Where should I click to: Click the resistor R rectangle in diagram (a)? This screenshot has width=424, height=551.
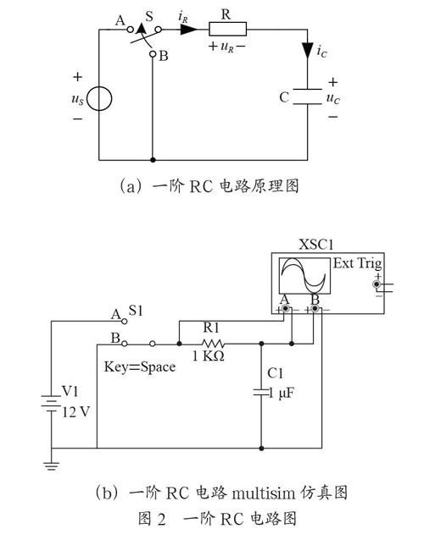pyautogui.click(x=227, y=29)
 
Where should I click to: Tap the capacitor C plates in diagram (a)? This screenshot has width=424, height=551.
pyautogui.click(x=308, y=96)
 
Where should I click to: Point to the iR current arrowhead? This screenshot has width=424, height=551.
pyautogui.click(x=188, y=29)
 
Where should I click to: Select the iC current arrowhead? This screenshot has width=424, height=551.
pyautogui.click(x=308, y=51)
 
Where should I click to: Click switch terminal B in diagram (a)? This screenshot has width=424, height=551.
pyautogui.click(x=153, y=54)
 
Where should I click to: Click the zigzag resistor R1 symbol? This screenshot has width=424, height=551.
pyautogui.click(x=213, y=344)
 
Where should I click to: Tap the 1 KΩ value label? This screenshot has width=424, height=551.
pyautogui.click(x=208, y=356)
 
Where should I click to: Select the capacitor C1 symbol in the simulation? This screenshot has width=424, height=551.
pyautogui.click(x=261, y=393)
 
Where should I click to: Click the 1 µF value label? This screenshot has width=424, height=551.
pyautogui.click(x=282, y=393)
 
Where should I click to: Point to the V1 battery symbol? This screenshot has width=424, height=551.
pyautogui.click(x=51, y=403)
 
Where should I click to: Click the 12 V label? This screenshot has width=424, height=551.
pyautogui.click(x=76, y=412)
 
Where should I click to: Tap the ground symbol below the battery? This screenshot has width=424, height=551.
pyautogui.click(x=52, y=466)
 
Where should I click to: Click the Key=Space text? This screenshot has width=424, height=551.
pyautogui.click(x=140, y=366)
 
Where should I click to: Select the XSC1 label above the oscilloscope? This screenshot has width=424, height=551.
pyautogui.click(x=316, y=245)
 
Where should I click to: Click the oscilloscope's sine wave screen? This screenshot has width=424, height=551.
pyautogui.click(x=305, y=276)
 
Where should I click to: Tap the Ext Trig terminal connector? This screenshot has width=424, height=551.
pyautogui.click(x=377, y=284)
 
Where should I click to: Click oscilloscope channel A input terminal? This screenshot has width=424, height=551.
pyautogui.click(x=285, y=309)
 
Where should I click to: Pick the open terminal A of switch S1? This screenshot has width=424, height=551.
pyautogui.click(x=124, y=321)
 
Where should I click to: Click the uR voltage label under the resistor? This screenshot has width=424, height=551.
pyautogui.click(x=227, y=47)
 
